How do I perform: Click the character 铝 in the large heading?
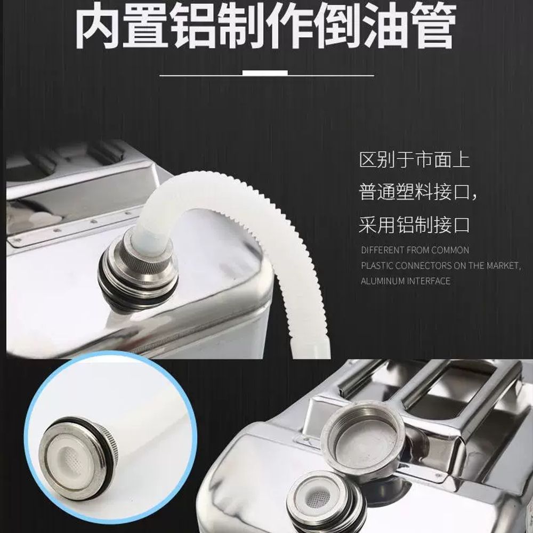coord(192,26)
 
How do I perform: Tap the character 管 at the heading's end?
coord(432,26)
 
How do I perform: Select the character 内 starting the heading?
coord(98,26)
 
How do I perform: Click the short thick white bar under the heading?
coord(265,72)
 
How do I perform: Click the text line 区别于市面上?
coord(415,160)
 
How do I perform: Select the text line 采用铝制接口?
coord(414,225)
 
